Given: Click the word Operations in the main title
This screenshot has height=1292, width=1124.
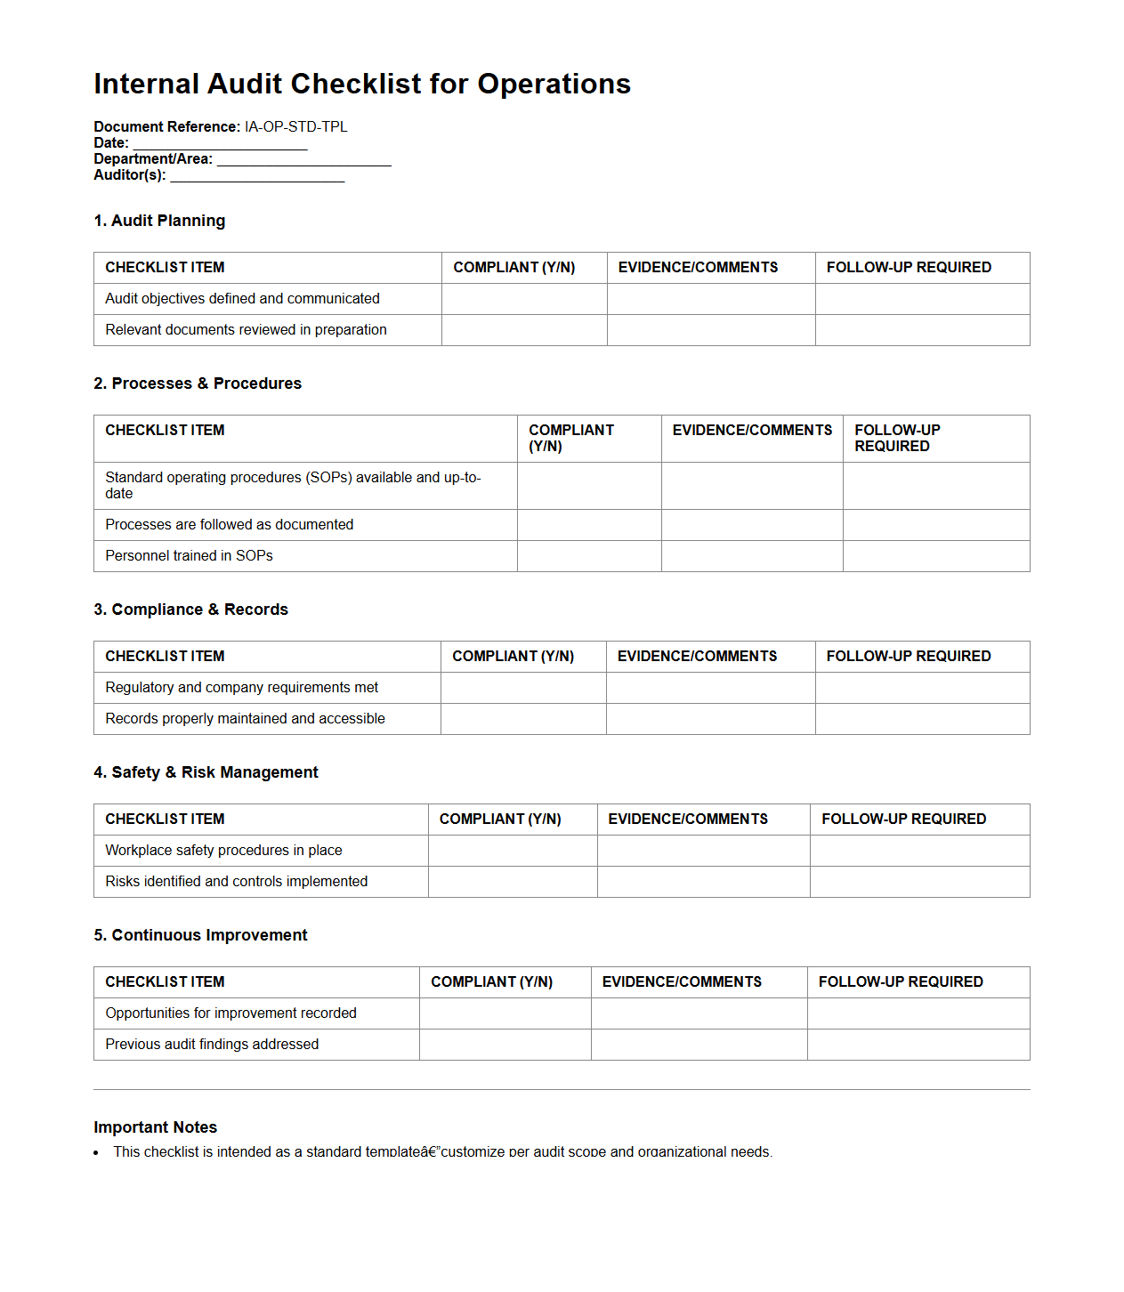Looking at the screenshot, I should [x=554, y=84].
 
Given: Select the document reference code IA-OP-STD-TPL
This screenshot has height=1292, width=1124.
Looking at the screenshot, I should [x=295, y=127].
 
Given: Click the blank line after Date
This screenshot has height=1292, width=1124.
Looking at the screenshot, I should [x=220, y=143].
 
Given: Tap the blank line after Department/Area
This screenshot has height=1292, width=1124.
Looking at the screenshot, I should [x=303, y=159].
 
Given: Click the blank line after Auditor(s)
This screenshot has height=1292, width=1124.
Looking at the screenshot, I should [x=257, y=175].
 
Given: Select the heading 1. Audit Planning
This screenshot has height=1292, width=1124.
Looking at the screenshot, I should [x=159, y=221].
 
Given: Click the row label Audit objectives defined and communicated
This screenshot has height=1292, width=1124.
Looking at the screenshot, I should [x=242, y=299].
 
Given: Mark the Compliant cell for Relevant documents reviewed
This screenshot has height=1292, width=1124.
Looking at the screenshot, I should [x=524, y=330].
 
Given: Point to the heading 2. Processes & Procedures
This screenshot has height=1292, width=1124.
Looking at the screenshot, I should [x=198, y=384].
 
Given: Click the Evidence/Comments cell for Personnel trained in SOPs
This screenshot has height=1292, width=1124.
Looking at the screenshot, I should [x=752, y=556].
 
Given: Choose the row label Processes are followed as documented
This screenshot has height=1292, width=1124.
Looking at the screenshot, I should [x=229, y=525].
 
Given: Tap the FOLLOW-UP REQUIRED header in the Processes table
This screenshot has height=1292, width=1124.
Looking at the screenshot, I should [x=897, y=438].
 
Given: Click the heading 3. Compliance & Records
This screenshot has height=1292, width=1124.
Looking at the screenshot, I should [x=190, y=610].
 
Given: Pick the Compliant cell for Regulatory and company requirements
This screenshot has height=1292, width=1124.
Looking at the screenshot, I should [x=523, y=688].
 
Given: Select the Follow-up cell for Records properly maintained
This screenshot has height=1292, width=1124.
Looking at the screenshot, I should [x=922, y=719].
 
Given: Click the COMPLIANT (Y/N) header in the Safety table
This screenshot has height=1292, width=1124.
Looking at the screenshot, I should [x=500, y=820].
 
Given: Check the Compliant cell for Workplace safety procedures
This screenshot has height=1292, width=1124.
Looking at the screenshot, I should [x=513, y=851].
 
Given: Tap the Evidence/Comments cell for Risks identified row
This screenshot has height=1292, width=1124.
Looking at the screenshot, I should [x=703, y=882].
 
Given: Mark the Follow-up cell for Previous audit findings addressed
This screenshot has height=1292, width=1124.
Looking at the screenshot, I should [x=918, y=1045].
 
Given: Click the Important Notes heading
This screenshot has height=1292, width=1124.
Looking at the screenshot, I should [x=155, y=1127].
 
